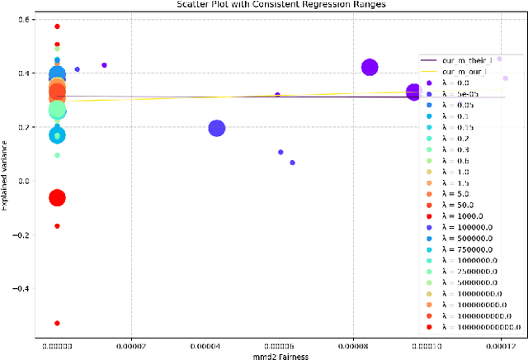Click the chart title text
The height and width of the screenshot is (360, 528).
coord(264,5)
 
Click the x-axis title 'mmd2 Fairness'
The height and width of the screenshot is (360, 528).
coord(270,357)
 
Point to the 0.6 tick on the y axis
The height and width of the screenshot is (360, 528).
coord(23,20)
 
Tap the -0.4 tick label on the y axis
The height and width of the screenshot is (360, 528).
coord(21,289)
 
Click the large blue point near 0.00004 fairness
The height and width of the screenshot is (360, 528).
coord(217,128)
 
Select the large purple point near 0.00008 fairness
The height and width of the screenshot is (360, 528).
coord(370,68)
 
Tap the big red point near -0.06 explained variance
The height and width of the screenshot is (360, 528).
coord(57,197)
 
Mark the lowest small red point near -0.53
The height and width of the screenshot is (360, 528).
coord(57,323)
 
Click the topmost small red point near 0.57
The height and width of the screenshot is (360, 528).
coord(57,26)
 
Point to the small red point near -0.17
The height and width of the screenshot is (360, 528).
coord(57,225)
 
